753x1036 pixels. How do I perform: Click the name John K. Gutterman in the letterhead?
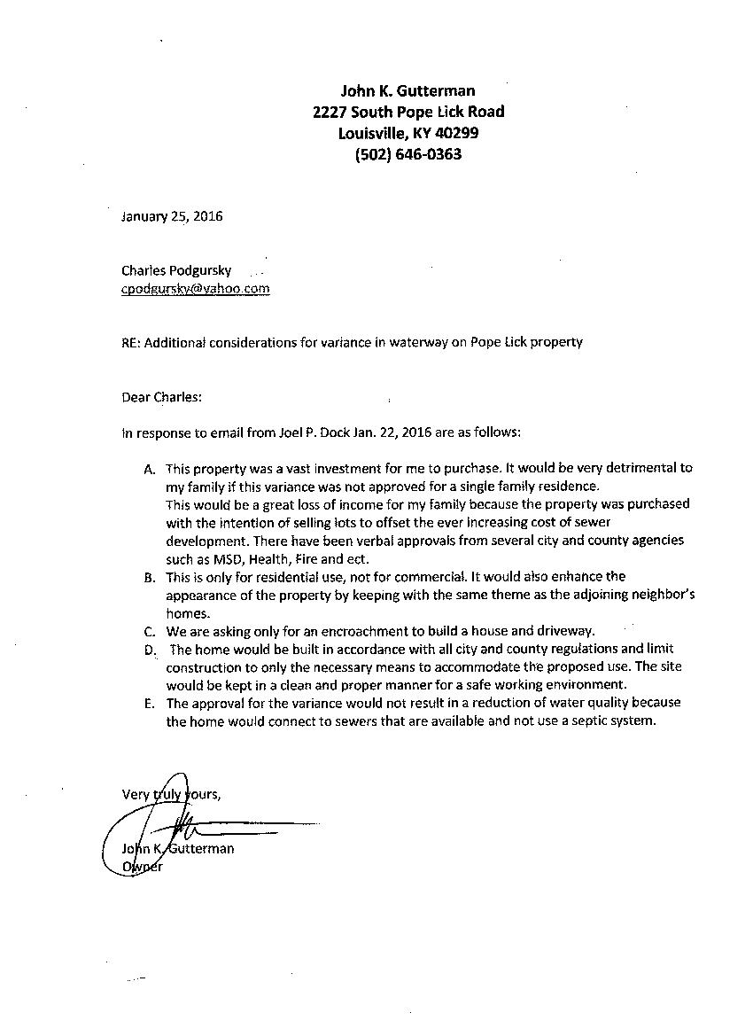408,90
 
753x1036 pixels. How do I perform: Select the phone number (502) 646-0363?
408,154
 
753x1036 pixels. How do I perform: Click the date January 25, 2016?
172,216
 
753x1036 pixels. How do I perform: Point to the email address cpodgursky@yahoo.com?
196,288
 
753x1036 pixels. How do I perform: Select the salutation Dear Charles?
162,397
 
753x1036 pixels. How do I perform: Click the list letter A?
149,468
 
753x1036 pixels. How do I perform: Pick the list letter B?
149,577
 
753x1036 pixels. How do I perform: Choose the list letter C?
149,631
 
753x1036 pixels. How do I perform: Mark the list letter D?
149,650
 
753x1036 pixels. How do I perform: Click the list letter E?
149,704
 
